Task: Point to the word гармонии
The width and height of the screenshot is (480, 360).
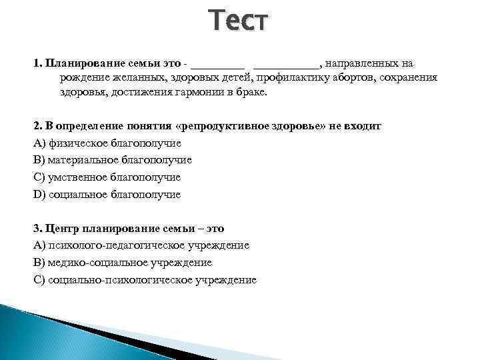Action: (195, 93)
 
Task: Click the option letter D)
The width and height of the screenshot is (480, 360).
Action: (39, 195)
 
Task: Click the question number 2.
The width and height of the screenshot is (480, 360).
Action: (37, 126)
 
